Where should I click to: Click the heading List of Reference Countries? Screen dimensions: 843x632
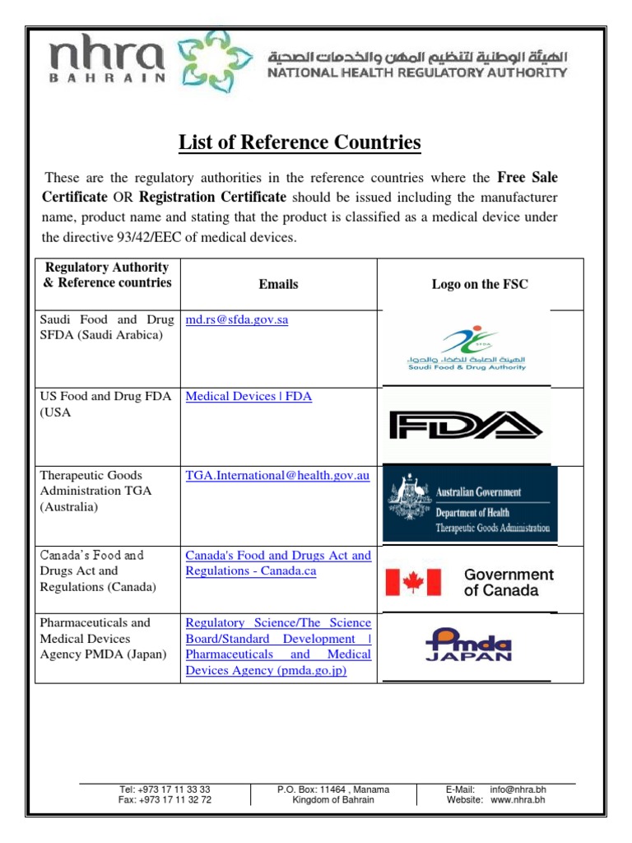(300, 142)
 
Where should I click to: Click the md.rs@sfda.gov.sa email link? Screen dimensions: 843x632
(237, 319)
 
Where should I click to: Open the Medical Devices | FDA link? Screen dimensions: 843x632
(249, 396)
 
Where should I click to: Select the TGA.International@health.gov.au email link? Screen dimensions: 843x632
(277, 475)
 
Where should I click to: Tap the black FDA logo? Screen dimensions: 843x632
(465, 426)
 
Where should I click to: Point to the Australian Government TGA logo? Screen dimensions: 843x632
(470, 504)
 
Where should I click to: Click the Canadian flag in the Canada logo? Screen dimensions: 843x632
(414, 582)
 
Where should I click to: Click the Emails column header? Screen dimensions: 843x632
(278, 284)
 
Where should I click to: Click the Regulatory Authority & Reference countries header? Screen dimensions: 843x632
(108, 275)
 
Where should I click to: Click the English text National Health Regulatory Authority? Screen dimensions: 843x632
(416, 72)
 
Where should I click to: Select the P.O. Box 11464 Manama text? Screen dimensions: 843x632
(333, 789)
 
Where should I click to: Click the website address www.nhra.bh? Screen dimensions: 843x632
(518, 799)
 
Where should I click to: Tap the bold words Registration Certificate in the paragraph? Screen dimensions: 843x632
(212, 197)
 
